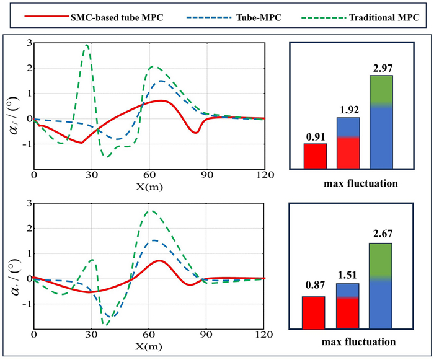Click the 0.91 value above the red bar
[x=315, y=136]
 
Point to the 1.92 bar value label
[x=348, y=110]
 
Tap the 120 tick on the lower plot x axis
[x=264, y=335]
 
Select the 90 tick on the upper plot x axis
[x=206, y=174]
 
